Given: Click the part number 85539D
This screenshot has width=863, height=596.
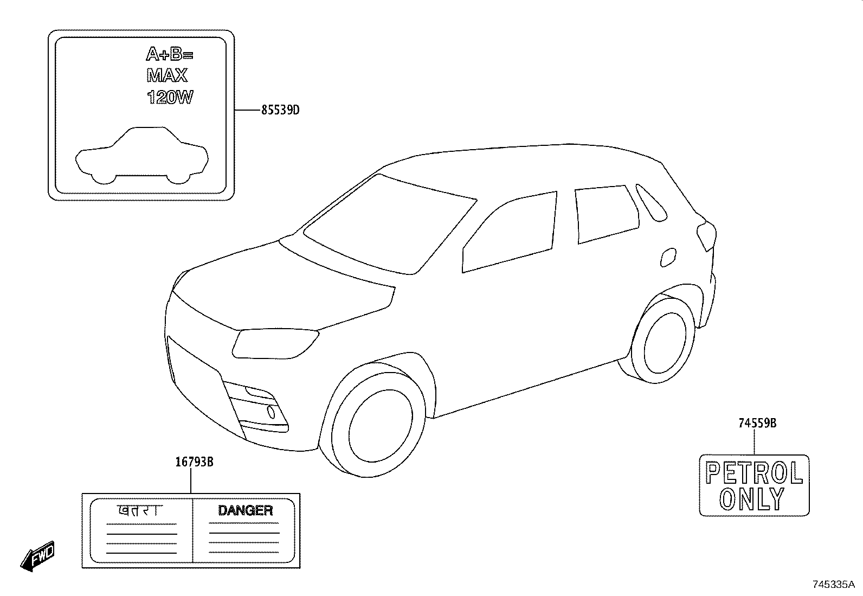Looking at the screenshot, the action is [280, 110].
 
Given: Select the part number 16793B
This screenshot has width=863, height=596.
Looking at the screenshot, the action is [194, 462].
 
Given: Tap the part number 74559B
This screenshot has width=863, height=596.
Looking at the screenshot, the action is [757, 424].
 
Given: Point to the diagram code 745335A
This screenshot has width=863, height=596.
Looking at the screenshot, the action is [834, 585].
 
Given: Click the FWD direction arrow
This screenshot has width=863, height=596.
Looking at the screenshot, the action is [38, 556].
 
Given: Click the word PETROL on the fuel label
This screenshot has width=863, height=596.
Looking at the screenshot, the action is [754, 473].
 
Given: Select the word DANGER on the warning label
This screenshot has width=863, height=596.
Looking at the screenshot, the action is [246, 510].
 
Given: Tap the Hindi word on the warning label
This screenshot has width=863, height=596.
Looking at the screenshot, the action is [140, 510].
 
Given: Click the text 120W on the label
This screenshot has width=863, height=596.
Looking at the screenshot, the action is [170, 97].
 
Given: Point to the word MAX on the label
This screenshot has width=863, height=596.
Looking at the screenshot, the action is [167, 75].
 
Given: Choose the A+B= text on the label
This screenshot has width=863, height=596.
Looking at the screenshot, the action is [170, 54].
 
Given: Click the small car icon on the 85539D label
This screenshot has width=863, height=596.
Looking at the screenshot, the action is [142, 156].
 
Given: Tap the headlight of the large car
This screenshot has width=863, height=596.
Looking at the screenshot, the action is [274, 343].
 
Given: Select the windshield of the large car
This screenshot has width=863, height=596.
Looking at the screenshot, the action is [390, 225].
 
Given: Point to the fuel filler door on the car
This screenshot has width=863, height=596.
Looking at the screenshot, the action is [668, 257].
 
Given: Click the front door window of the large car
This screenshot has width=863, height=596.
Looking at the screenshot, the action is [510, 232].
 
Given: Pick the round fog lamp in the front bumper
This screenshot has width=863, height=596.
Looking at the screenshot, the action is [271, 412].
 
